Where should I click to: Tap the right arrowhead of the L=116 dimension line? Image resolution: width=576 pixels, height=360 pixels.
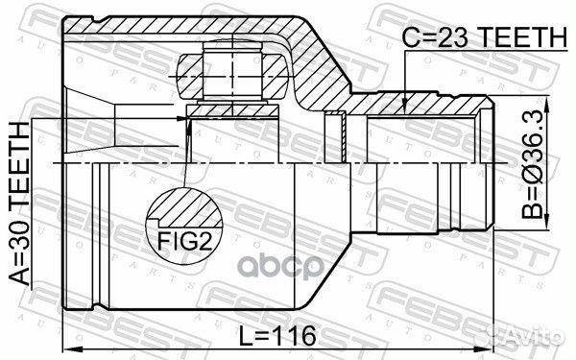(493, 347)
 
